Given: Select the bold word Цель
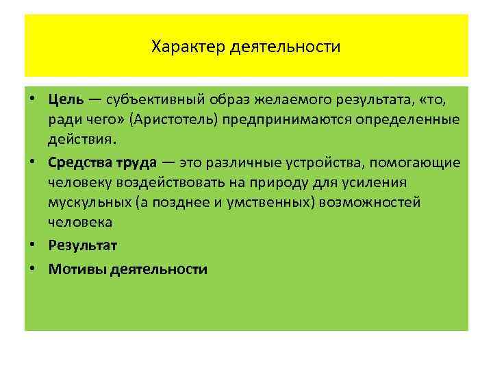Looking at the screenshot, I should tap(66, 101).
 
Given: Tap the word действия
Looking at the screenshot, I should tap(82, 139).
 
